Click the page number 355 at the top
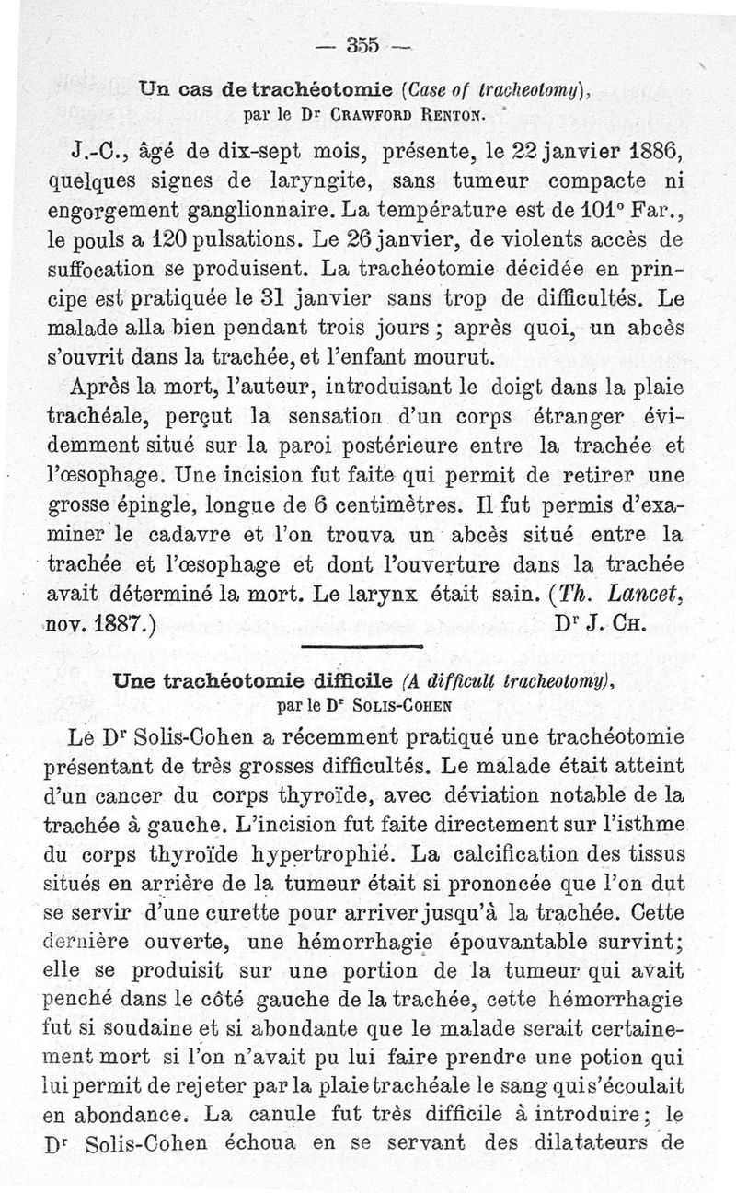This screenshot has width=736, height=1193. click(x=365, y=43)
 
